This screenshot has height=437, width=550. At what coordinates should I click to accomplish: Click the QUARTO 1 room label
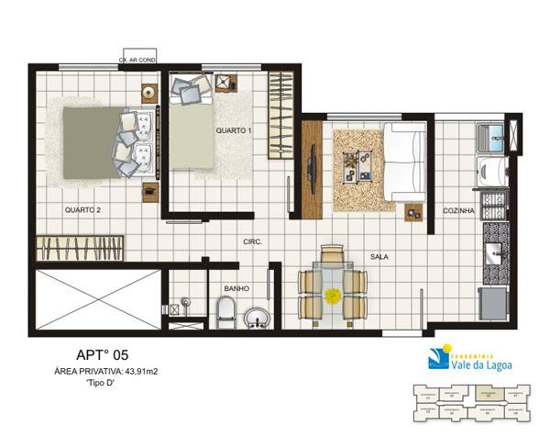(x=234, y=130)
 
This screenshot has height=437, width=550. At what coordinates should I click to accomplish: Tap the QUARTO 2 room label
(x=82, y=209)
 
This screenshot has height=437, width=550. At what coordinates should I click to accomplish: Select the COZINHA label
(x=458, y=209)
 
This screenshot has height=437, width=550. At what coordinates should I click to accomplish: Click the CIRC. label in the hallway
(x=253, y=241)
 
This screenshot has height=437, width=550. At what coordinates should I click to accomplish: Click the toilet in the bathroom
(x=226, y=313)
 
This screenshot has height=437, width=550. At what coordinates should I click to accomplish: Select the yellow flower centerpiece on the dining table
(x=332, y=295)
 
